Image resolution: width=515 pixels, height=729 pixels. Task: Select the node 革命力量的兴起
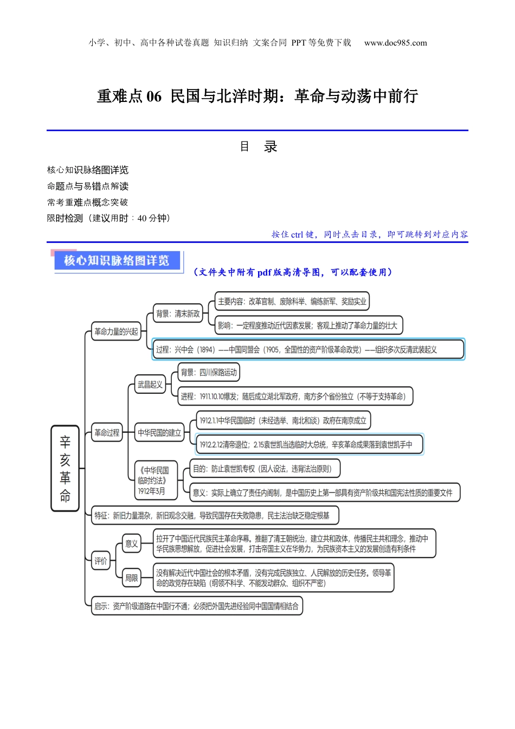[116, 331]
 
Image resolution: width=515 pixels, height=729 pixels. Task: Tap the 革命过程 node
[107, 433]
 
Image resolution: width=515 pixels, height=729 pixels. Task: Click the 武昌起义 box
[150, 385]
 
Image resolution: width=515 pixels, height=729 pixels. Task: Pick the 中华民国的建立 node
[159, 433]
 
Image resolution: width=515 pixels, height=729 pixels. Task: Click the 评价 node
[101, 561]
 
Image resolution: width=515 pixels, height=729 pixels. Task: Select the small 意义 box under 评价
[132, 543]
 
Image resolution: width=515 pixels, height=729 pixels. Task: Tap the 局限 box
[132, 578]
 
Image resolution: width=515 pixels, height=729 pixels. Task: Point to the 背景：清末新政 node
[178, 314]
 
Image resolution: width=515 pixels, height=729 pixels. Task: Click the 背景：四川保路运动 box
[209, 373]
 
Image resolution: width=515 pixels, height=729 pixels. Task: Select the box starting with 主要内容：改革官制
[292, 302]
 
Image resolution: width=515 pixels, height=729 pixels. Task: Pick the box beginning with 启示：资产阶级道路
[196, 606]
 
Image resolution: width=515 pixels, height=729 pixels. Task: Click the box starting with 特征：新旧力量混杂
[215, 515]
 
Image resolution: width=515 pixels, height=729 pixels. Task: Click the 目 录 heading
[258, 146]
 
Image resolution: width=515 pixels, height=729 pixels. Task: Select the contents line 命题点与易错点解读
[88, 186]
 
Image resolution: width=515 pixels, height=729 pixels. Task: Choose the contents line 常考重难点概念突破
[88, 202]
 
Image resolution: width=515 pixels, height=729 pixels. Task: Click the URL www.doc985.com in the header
[395, 43]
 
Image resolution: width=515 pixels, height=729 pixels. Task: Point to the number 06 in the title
[154, 97]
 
